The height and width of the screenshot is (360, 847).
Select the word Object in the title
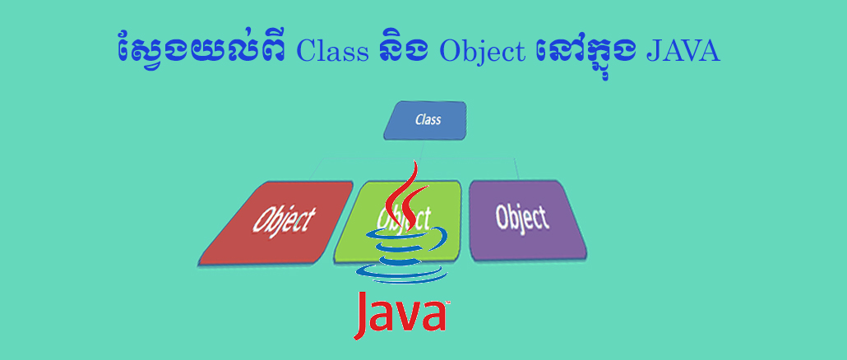tap(482, 52)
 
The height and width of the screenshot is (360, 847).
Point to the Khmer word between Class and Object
tap(403, 51)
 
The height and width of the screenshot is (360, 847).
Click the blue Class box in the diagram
tap(426, 120)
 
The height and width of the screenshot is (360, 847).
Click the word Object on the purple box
tap(521, 218)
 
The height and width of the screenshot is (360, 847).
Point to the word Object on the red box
tap(283, 220)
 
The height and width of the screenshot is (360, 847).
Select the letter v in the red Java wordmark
tap(410, 316)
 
